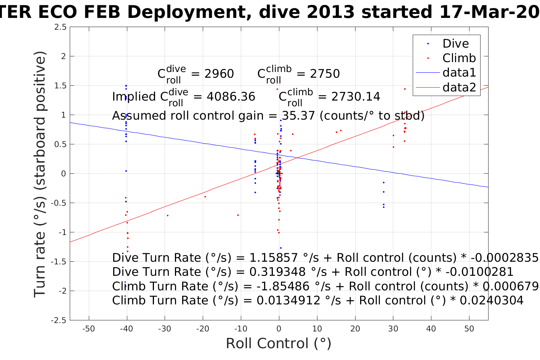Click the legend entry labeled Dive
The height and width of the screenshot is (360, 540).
click(455, 43)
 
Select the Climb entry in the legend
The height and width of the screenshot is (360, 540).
click(459, 58)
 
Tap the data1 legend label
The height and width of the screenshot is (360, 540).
click(459, 72)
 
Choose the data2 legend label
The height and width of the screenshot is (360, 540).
click(459, 87)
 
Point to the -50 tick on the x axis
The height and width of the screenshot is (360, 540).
click(88, 329)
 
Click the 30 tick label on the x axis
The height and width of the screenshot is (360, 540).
click(393, 329)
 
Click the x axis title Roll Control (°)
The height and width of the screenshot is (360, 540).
click(279, 344)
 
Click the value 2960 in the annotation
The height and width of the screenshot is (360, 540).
click(219, 74)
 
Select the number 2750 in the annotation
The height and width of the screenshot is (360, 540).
click(325, 74)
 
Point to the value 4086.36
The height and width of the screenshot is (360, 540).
click(231, 97)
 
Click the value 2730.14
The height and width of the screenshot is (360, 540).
click(356, 97)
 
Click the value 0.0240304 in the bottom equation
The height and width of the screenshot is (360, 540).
click(492, 301)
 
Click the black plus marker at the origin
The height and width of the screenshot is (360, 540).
click(279, 173)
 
